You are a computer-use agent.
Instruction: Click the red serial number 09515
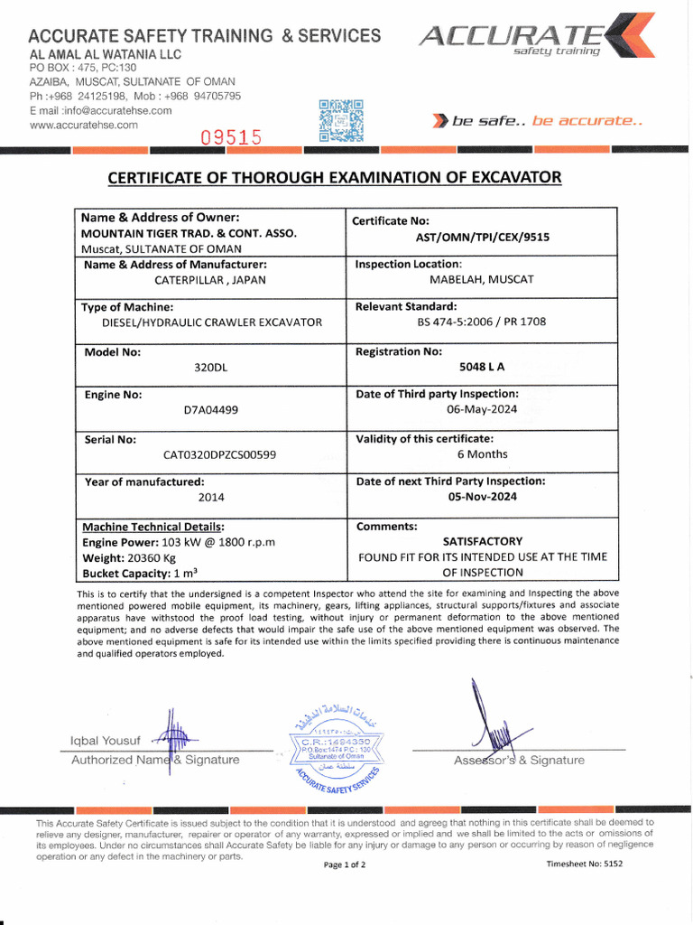[231, 137]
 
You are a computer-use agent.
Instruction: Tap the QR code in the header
[341, 120]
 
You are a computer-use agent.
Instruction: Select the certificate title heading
[334, 177]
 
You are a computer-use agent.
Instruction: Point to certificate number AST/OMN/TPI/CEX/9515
[482, 238]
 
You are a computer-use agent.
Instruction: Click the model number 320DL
[209, 368]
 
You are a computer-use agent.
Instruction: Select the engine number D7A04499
[210, 410]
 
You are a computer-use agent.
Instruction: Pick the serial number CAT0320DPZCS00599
[219, 454]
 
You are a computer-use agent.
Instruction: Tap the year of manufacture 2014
[211, 497]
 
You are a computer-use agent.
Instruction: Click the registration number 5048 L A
[482, 368]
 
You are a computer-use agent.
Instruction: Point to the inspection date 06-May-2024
[482, 410]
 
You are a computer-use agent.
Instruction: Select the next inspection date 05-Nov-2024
[482, 497]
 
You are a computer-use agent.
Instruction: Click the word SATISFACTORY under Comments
[482, 541]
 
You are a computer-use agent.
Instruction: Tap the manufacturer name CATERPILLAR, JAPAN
[210, 280]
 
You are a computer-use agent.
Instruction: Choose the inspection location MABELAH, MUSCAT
[482, 280]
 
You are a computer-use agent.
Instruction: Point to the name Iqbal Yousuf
[106, 741]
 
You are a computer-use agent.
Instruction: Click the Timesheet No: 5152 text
[584, 864]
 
